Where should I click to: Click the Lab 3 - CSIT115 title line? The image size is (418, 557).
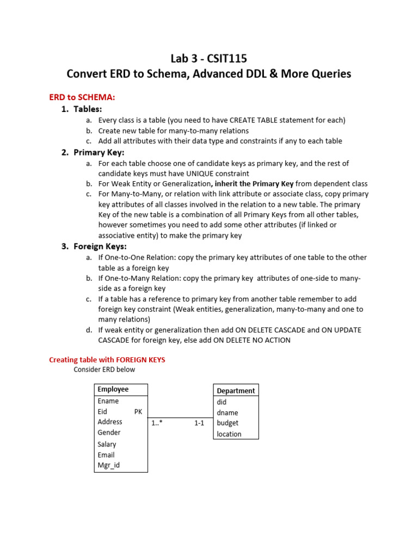pyautogui.click(x=209, y=59)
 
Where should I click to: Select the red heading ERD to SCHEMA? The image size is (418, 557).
pyautogui.click(x=82, y=97)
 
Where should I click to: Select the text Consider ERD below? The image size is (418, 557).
pyautogui.click(x=104, y=370)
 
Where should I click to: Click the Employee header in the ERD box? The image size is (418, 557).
pyautogui.click(x=113, y=389)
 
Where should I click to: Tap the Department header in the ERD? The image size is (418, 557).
pyautogui.click(x=236, y=391)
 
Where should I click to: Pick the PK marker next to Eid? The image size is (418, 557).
pyautogui.click(x=138, y=412)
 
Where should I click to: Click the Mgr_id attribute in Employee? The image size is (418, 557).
pyautogui.click(x=109, y=465)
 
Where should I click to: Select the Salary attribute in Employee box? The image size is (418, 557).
pyautogui.click(x=107, y=444)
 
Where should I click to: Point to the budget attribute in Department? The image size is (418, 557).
pyautogui.click(x=228, y=423)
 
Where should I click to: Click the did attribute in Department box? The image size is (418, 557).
pyautogui.click(x=222, y=402)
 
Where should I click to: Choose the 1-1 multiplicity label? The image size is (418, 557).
pyautogui.click(x=199, y=423)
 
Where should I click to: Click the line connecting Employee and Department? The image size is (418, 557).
pyautogui.click(x=180, y=417)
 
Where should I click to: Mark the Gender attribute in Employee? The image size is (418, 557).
pyautogui.click(x=109, y=432)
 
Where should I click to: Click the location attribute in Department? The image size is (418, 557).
pyautogui.click(x=229, y=434)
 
